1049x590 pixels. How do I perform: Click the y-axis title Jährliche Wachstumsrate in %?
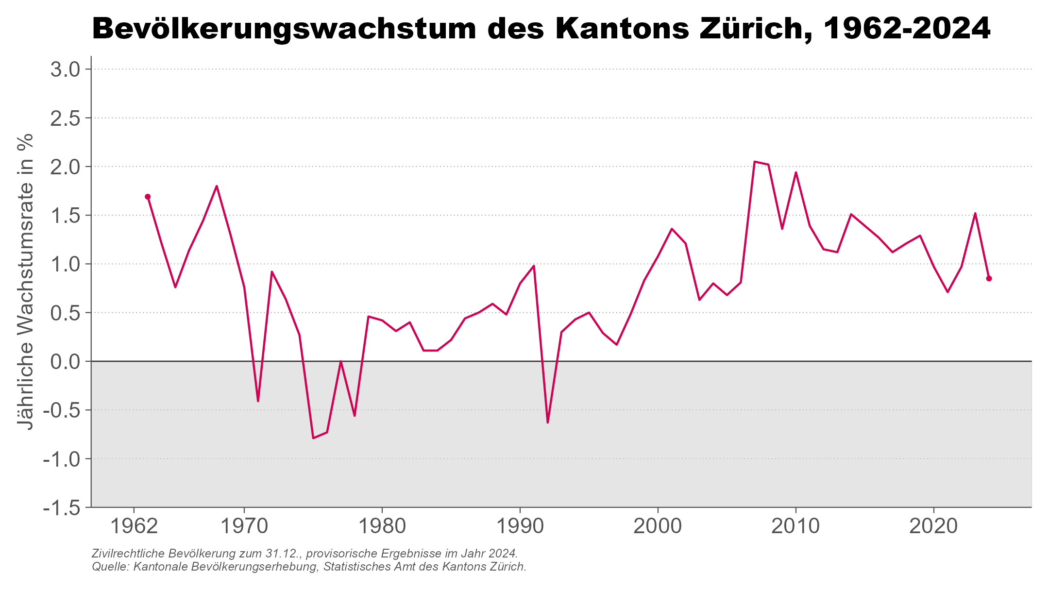25,282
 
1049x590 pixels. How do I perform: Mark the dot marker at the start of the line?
148,197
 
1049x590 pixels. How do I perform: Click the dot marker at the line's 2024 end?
989,278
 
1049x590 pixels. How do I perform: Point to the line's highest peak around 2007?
754,162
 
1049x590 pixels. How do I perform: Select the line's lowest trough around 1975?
313,438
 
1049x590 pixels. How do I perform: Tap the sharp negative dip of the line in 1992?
547,422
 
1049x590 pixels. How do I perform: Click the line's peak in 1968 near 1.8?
217,186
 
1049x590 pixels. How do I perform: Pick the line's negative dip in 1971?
258,401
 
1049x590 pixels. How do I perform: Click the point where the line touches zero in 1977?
341,361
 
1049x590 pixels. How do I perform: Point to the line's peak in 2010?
795,172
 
